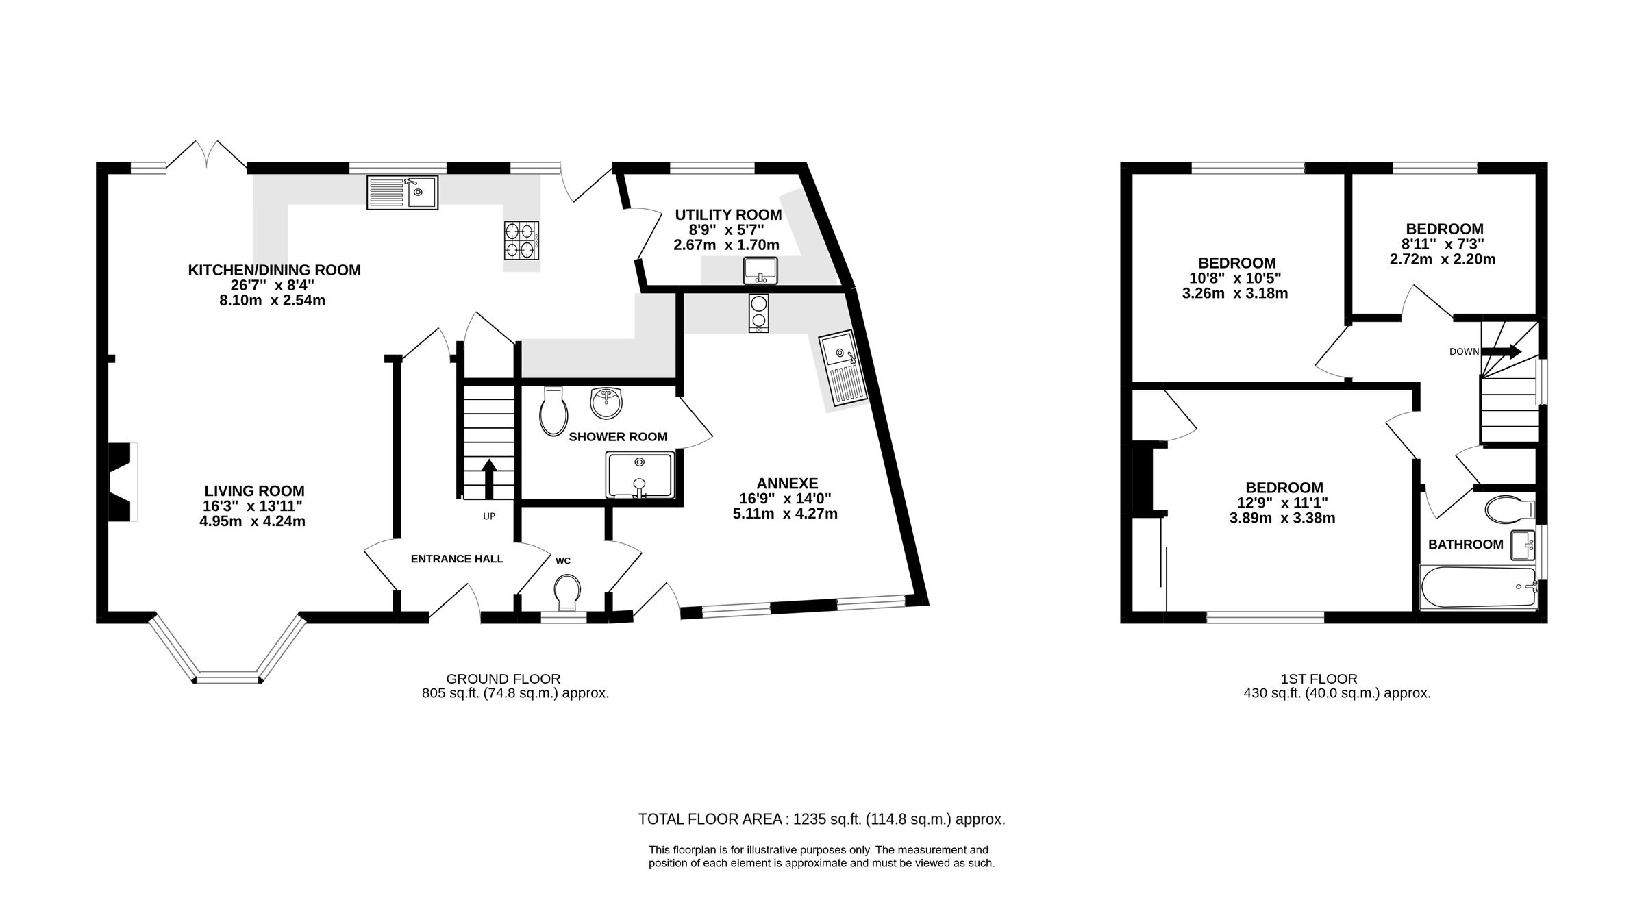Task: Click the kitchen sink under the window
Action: click(x=403, y=192)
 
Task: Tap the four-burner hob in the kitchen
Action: click(x=522, y=240)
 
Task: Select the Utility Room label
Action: click(x=728, y=215)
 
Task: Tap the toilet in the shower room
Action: click(x=553, y=411)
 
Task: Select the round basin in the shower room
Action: click(x=606, y=403)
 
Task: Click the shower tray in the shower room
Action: click(x=640, y=474)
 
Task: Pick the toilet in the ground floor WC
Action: click(x=567, y=592)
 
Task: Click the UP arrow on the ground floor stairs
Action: click(x=489, y=478)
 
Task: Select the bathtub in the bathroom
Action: click(x=1478, y=587)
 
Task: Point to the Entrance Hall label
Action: click(x=457, y=559)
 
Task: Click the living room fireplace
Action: click(x=122, y=482)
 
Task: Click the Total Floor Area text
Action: click(x=821, y=819)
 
